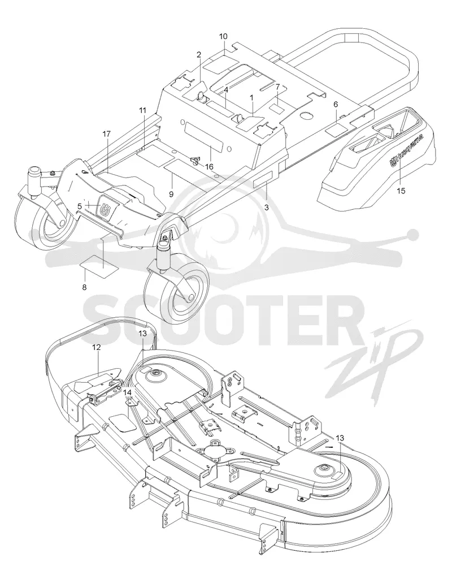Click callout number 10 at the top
click(223, 36)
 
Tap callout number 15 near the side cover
click(401, 191)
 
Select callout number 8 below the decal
click(84, 287)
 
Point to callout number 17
click(106, 134)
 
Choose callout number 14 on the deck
click(127, 392)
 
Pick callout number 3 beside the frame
click(266, 208)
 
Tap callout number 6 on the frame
click(336, 105)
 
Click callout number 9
click(171, 193)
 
